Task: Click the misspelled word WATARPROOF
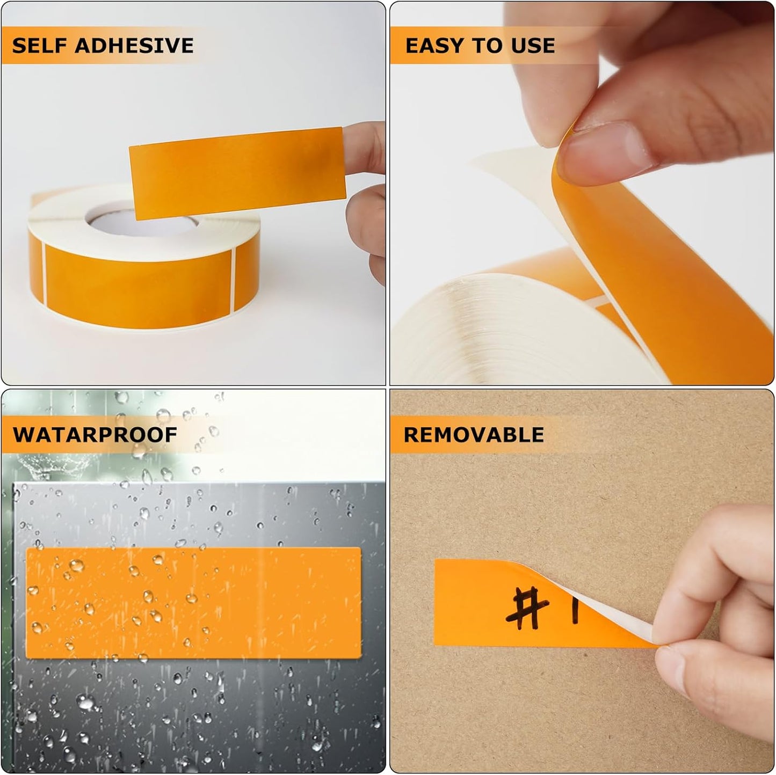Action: pyautogui.click(x=95, y=434)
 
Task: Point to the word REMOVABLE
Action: pyautogui.click(x=474, y=434)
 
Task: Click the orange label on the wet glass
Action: pyautogui.click(x=193, y=602)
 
